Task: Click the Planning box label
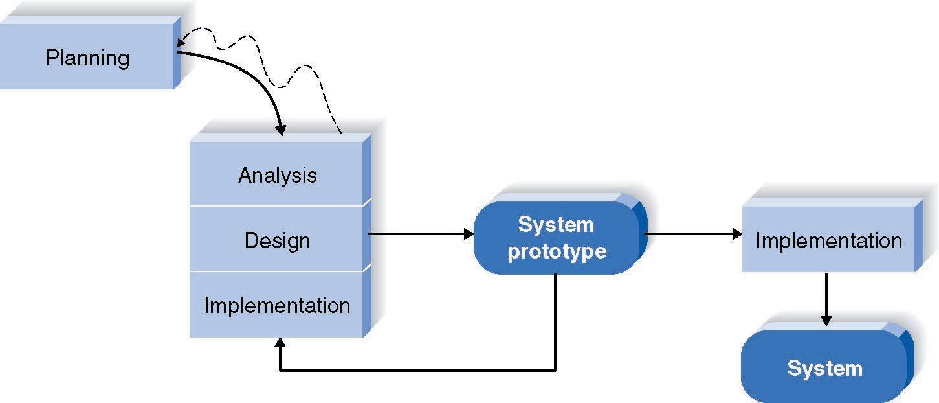pyautogui.click(x=87, y=58)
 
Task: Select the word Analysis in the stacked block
pyautogui.click(x=278, y=175)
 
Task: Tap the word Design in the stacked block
pyautogui.click(x=278, y=240)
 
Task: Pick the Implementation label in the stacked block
pyautogui.click(x=278, y=305)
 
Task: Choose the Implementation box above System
pyautogui.click(x=828, y=240)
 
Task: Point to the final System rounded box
pyautogui.click(x=824, y=369)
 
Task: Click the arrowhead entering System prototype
pyautogui.click(x=469, y=234)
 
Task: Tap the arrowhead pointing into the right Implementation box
pyautogui.click(x=738, y=234)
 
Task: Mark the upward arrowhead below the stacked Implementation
pyautogui.click(x=280, y=343)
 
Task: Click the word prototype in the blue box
pyautogui.click(x=557, y=251)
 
